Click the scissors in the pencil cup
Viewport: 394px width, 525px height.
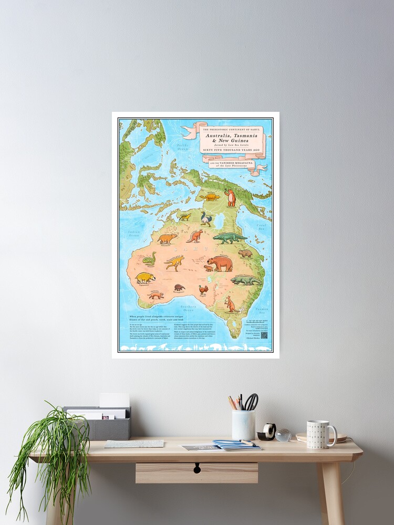tap(252, 402)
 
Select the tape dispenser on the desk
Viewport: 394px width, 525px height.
tap(267, 432)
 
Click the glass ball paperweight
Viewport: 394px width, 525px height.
tap(283, 435)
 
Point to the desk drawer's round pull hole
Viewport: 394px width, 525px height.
tap(197, 466)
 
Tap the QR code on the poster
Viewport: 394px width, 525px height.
tap(264, 335)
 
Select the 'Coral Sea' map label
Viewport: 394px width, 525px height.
tap(262, 226)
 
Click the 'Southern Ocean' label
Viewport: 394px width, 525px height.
tap(188, 308)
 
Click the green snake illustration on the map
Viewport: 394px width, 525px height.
tap(150, 259)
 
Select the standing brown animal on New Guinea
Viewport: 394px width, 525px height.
tap(231, 197)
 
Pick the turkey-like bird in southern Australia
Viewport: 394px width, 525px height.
tap(203, 289)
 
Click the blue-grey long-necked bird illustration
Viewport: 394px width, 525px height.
tap(205, 218)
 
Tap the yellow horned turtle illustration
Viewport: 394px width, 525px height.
tap(211, 197)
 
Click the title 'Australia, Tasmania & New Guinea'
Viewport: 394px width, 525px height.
tap(231, 137)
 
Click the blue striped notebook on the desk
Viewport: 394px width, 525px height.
tap(236, 445)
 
